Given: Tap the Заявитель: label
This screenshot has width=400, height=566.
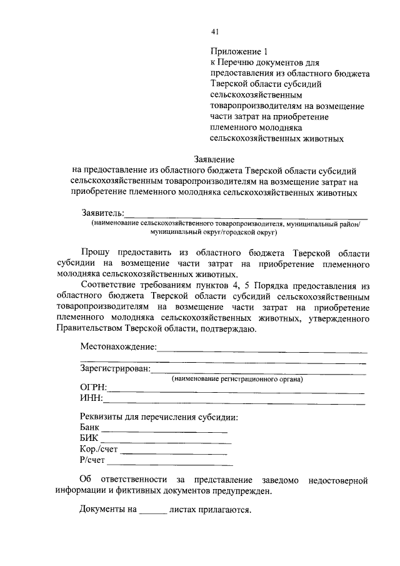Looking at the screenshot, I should pos(102,213).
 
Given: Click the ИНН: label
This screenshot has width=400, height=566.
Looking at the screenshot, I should pos(91,398).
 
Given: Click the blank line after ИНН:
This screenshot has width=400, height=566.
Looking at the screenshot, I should pos(234,401).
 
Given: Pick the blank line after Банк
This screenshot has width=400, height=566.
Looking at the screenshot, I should pos(165,432).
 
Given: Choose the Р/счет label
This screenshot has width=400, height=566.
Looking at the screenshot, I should pos(92,460).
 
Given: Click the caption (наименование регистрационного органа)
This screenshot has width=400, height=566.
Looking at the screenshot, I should pos(237,379).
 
